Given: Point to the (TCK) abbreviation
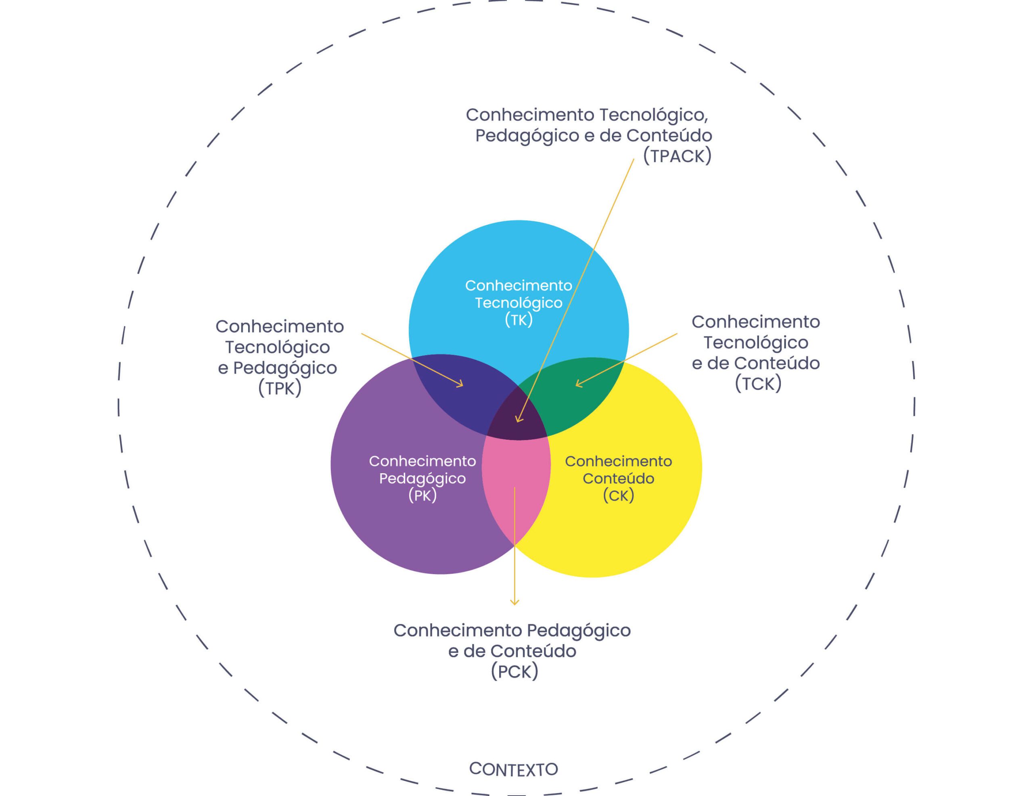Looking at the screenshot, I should (x=758, y=384).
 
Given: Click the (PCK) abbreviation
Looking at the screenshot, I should (x=514, y=672).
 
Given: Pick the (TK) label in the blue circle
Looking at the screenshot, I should (x=519, y=320).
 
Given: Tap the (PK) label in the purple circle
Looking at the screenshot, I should (x=422, y=496).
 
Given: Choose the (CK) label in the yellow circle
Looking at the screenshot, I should (x=618, y=496).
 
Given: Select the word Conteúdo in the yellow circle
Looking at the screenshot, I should (x=618, y=478).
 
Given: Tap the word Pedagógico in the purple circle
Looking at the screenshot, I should (x=422, y=478).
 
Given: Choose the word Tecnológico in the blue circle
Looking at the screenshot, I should (x=519, y=303).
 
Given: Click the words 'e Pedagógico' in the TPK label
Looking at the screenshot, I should (x=277, y=368).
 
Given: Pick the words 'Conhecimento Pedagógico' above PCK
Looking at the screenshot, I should (x=512, y=631).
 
